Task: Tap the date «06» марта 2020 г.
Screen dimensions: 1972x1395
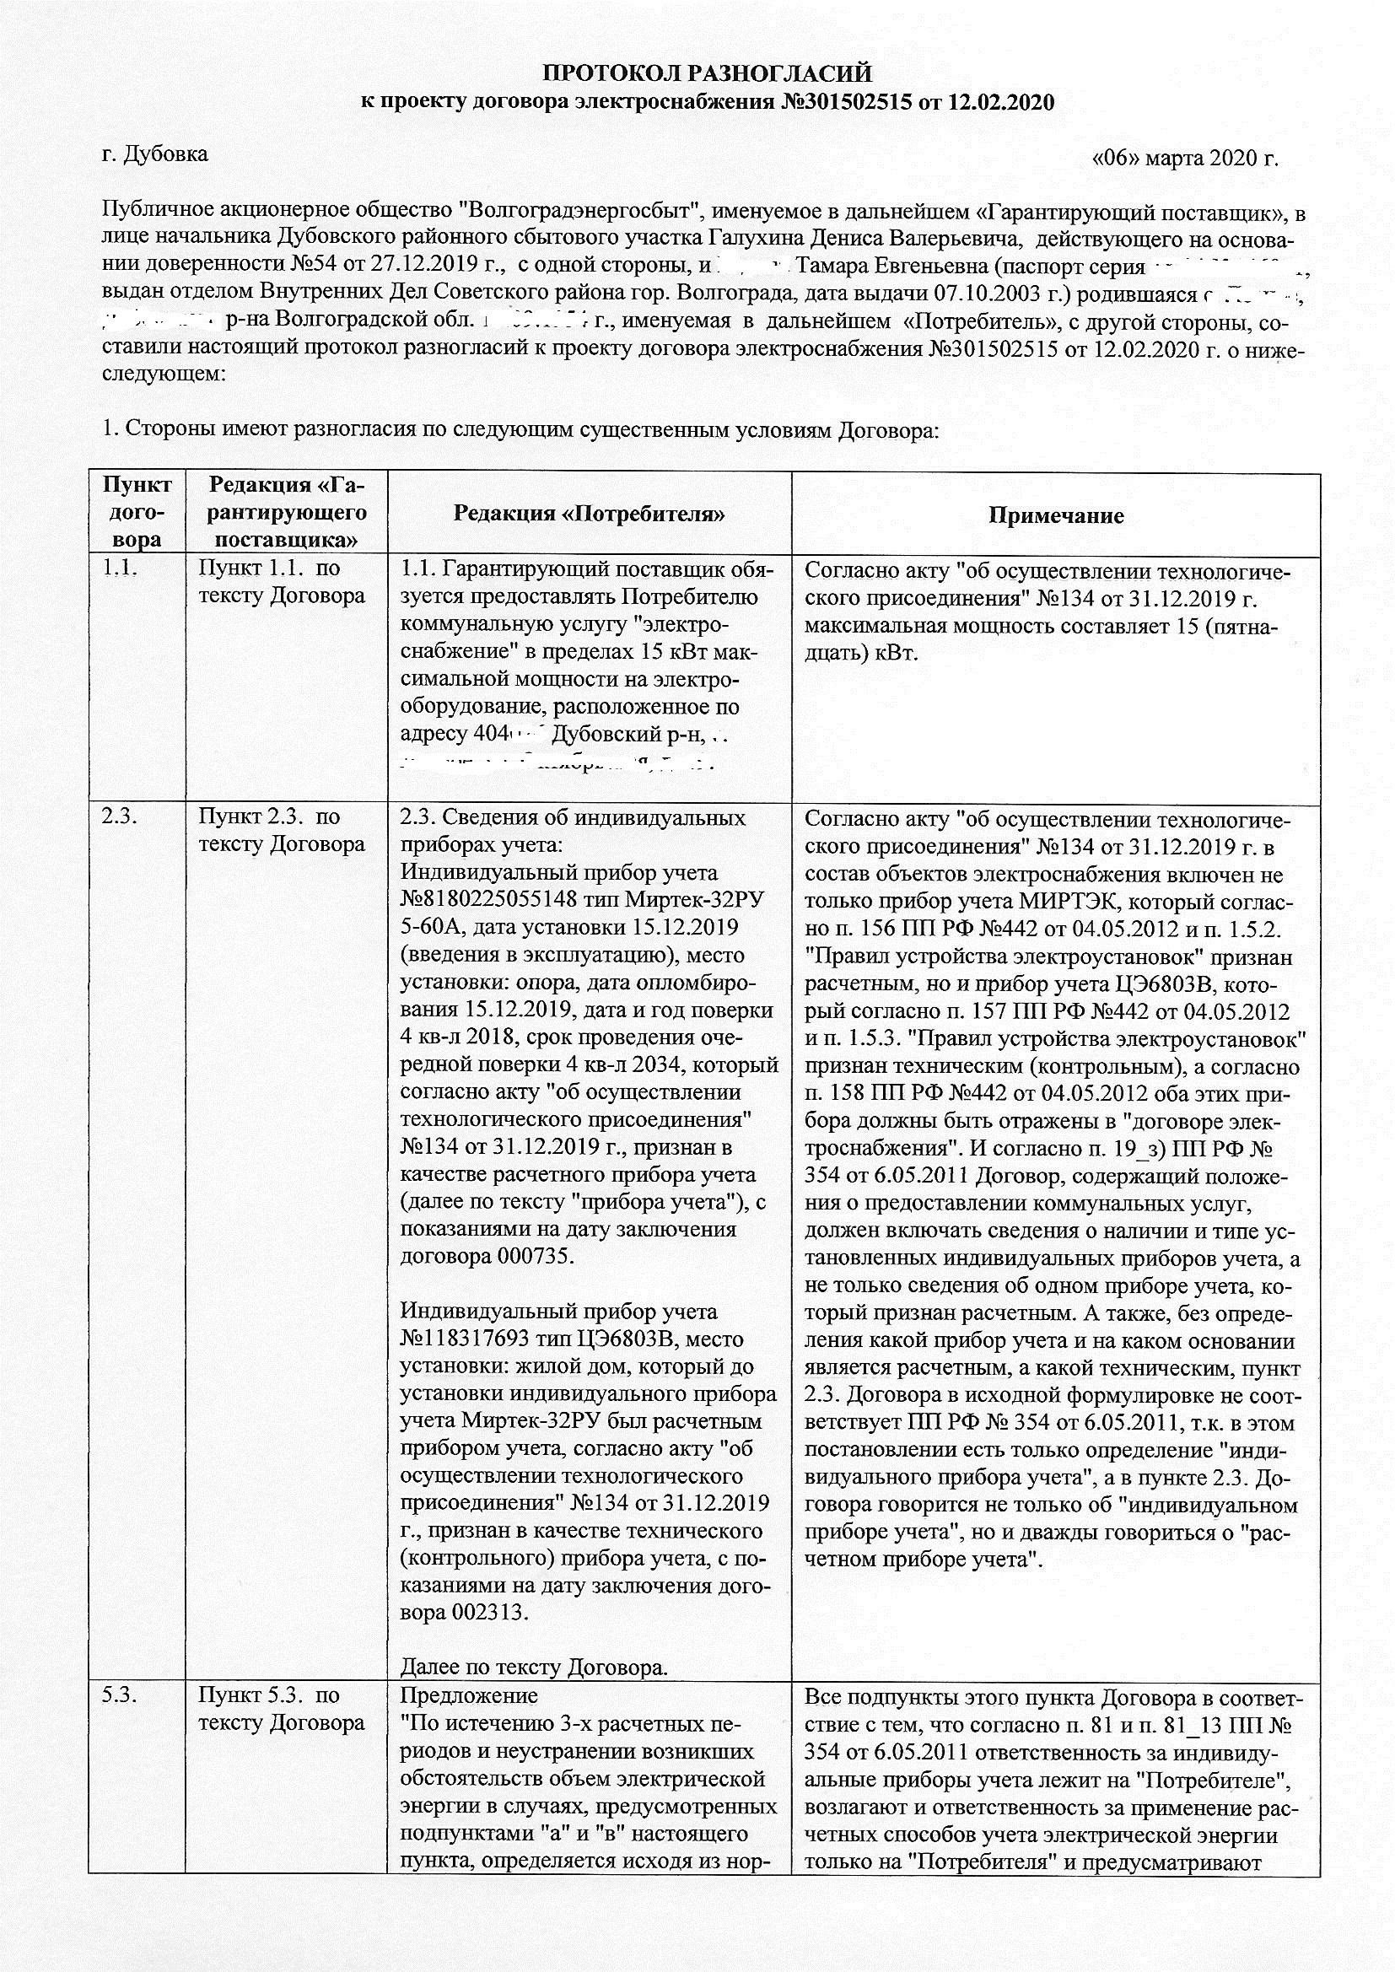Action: pos(1185,158)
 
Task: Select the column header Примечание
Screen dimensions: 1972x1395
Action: pos(1056,515)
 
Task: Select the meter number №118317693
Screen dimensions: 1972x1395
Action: pos(460,1339)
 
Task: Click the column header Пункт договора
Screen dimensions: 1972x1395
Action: pos(137,513)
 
